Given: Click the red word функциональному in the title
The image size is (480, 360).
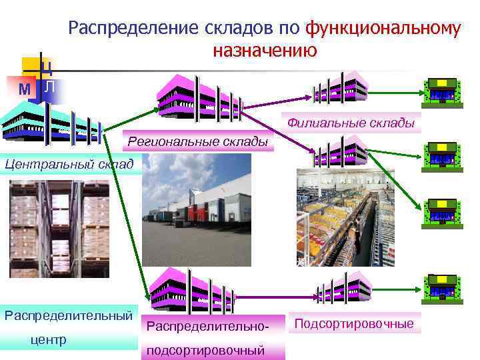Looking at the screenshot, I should click(x=382, y=29).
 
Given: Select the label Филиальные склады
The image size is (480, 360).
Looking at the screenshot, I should click(x=351, y=123).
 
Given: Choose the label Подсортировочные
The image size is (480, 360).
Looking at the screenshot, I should click(x=354, y=324).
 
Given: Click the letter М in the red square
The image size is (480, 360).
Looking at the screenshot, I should click(x=25, y=89).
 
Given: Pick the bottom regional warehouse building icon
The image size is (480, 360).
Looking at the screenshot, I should click(x=190, y=285).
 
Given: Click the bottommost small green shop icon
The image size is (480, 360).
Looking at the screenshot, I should click(x=441, y=285).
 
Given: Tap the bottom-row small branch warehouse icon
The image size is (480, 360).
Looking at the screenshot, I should click(x=343, y=285).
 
